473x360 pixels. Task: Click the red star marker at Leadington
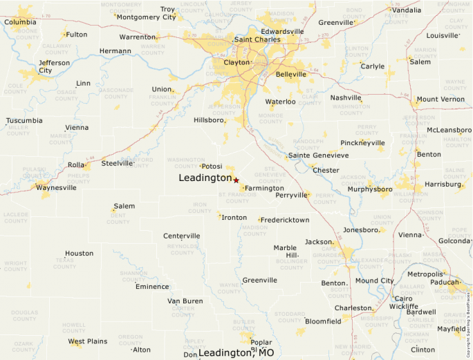pyautogui.click(x=236, y=180)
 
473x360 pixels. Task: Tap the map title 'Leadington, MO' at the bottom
pyautogui.click(x=236, y=352)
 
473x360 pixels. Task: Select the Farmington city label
pyautogui.click(x=264, y=188)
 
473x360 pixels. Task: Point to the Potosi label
pyautogui.click(x=212, y=166)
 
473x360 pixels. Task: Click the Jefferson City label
pyautogui.click(x=55, y=66)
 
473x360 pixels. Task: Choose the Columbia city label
pyautogui.click(x=20, y=22)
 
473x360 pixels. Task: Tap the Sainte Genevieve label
pyautogui.click(x=318, y=155)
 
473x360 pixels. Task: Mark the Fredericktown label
pyautogui.click(x=285, y=220)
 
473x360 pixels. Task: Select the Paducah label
pyautogui.click(x=442, y=282)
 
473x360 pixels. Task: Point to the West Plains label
pyautogui.click(x=88, y=341)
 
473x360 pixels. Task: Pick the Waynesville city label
pyautogui.click(x=56, y=187)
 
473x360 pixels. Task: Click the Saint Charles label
pyautogui.click(x=257, y=39)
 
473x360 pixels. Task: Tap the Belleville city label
pyautogui.click(x=290, y=74)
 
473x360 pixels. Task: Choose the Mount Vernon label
pyautogui.click(x=440, y=100)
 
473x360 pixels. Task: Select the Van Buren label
pyautogui.click(x=185, y=301)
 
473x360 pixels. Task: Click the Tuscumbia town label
pyautogui.click(x=24, y=120)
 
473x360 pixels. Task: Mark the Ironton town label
pyautogui.click(x=234, y=218)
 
